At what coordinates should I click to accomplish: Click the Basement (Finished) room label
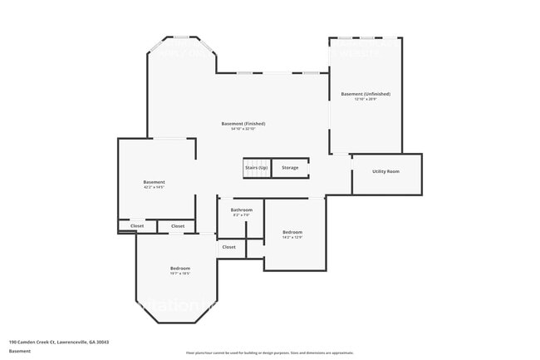[x=243, y=124]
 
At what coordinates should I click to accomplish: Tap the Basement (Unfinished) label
[x=366, y=94]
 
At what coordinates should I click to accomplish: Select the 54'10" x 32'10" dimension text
[x=243, y=129]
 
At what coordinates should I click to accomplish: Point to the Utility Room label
[x=386, y=171]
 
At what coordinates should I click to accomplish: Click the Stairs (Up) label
[x=257, y=168]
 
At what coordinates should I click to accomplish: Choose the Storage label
[x=290, y=168]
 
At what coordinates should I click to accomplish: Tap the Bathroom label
[x=241, y=210]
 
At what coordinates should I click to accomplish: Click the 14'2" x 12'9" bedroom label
[x=292, y=232]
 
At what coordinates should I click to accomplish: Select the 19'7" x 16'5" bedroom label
[x=180, y=268]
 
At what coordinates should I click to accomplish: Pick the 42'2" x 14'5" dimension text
[x=154, y=187]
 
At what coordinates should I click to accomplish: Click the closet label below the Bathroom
[x=228, y=247]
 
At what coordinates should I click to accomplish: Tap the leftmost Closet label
[x=137, y=226]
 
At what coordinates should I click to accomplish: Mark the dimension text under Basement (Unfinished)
[x=366, y=100]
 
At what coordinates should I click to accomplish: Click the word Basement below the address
[x=20, y=352]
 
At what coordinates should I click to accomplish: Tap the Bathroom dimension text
[x=241, y=215]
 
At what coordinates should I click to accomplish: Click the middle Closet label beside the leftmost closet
[x=178, y=226]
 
